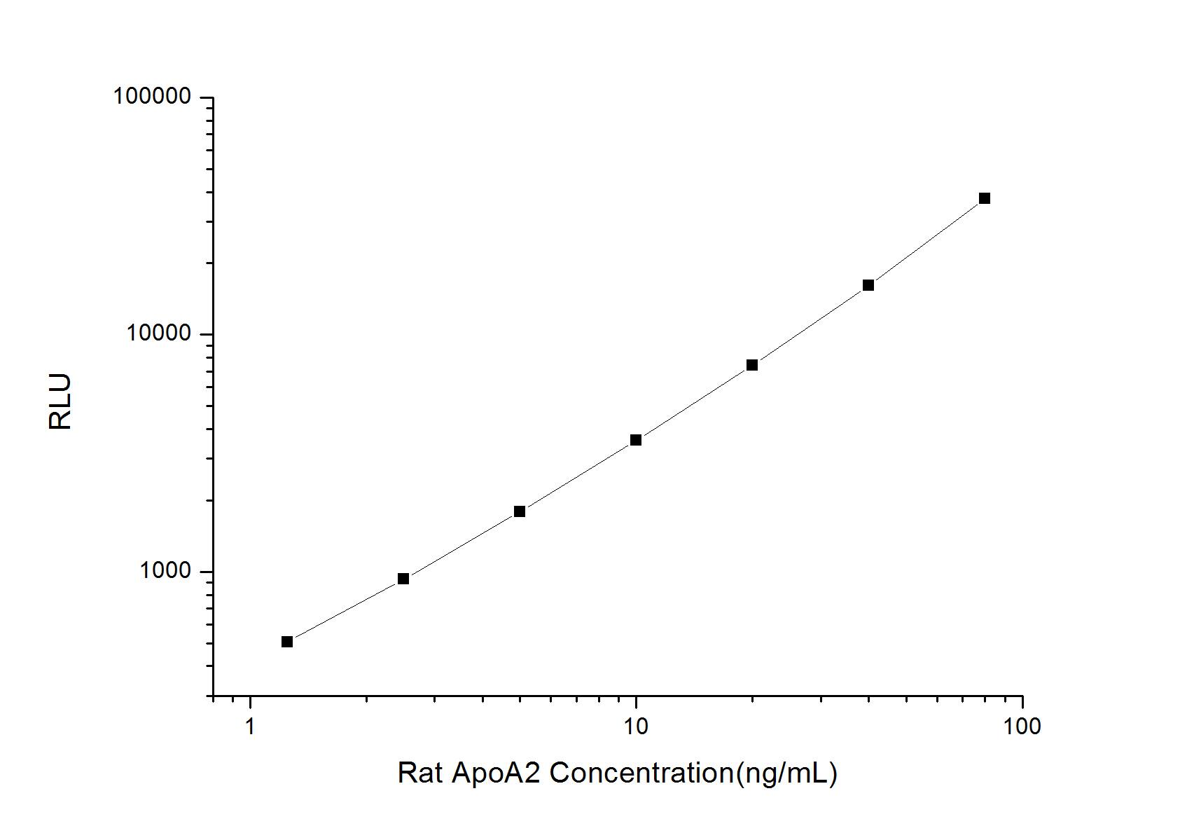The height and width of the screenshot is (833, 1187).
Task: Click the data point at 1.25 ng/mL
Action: pos(287,642)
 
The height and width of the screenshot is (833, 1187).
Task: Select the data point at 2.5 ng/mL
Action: pos(403,579)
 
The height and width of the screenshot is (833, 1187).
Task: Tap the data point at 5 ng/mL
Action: pos(520,511)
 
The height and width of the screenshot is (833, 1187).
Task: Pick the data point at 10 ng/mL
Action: pos(636,440)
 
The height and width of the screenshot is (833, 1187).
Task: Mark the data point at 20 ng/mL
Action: pos(752,365)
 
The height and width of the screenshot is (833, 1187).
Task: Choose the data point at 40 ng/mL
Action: pos(868,285)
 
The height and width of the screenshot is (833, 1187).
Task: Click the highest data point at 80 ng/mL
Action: pos(985,198)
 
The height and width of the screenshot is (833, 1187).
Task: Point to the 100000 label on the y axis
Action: pos(152,97)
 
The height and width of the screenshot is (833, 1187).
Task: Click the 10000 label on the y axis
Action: pos(159,333)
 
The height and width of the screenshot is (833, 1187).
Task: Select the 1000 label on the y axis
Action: pos(165,571)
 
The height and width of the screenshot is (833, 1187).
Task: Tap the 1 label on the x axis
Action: pos(250,727)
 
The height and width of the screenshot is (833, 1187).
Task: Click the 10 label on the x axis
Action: pos(636,727)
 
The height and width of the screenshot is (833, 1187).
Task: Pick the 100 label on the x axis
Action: pos(1022,727)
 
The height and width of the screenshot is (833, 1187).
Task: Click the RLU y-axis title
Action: pos(60,401)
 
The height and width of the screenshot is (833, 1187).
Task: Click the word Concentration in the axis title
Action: pos(641,773)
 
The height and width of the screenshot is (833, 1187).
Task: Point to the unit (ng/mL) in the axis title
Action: pos(786,773)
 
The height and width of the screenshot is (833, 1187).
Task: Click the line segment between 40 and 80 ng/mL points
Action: pos(926,242)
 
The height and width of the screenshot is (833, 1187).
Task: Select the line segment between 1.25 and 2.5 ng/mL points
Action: pos(345,610)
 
